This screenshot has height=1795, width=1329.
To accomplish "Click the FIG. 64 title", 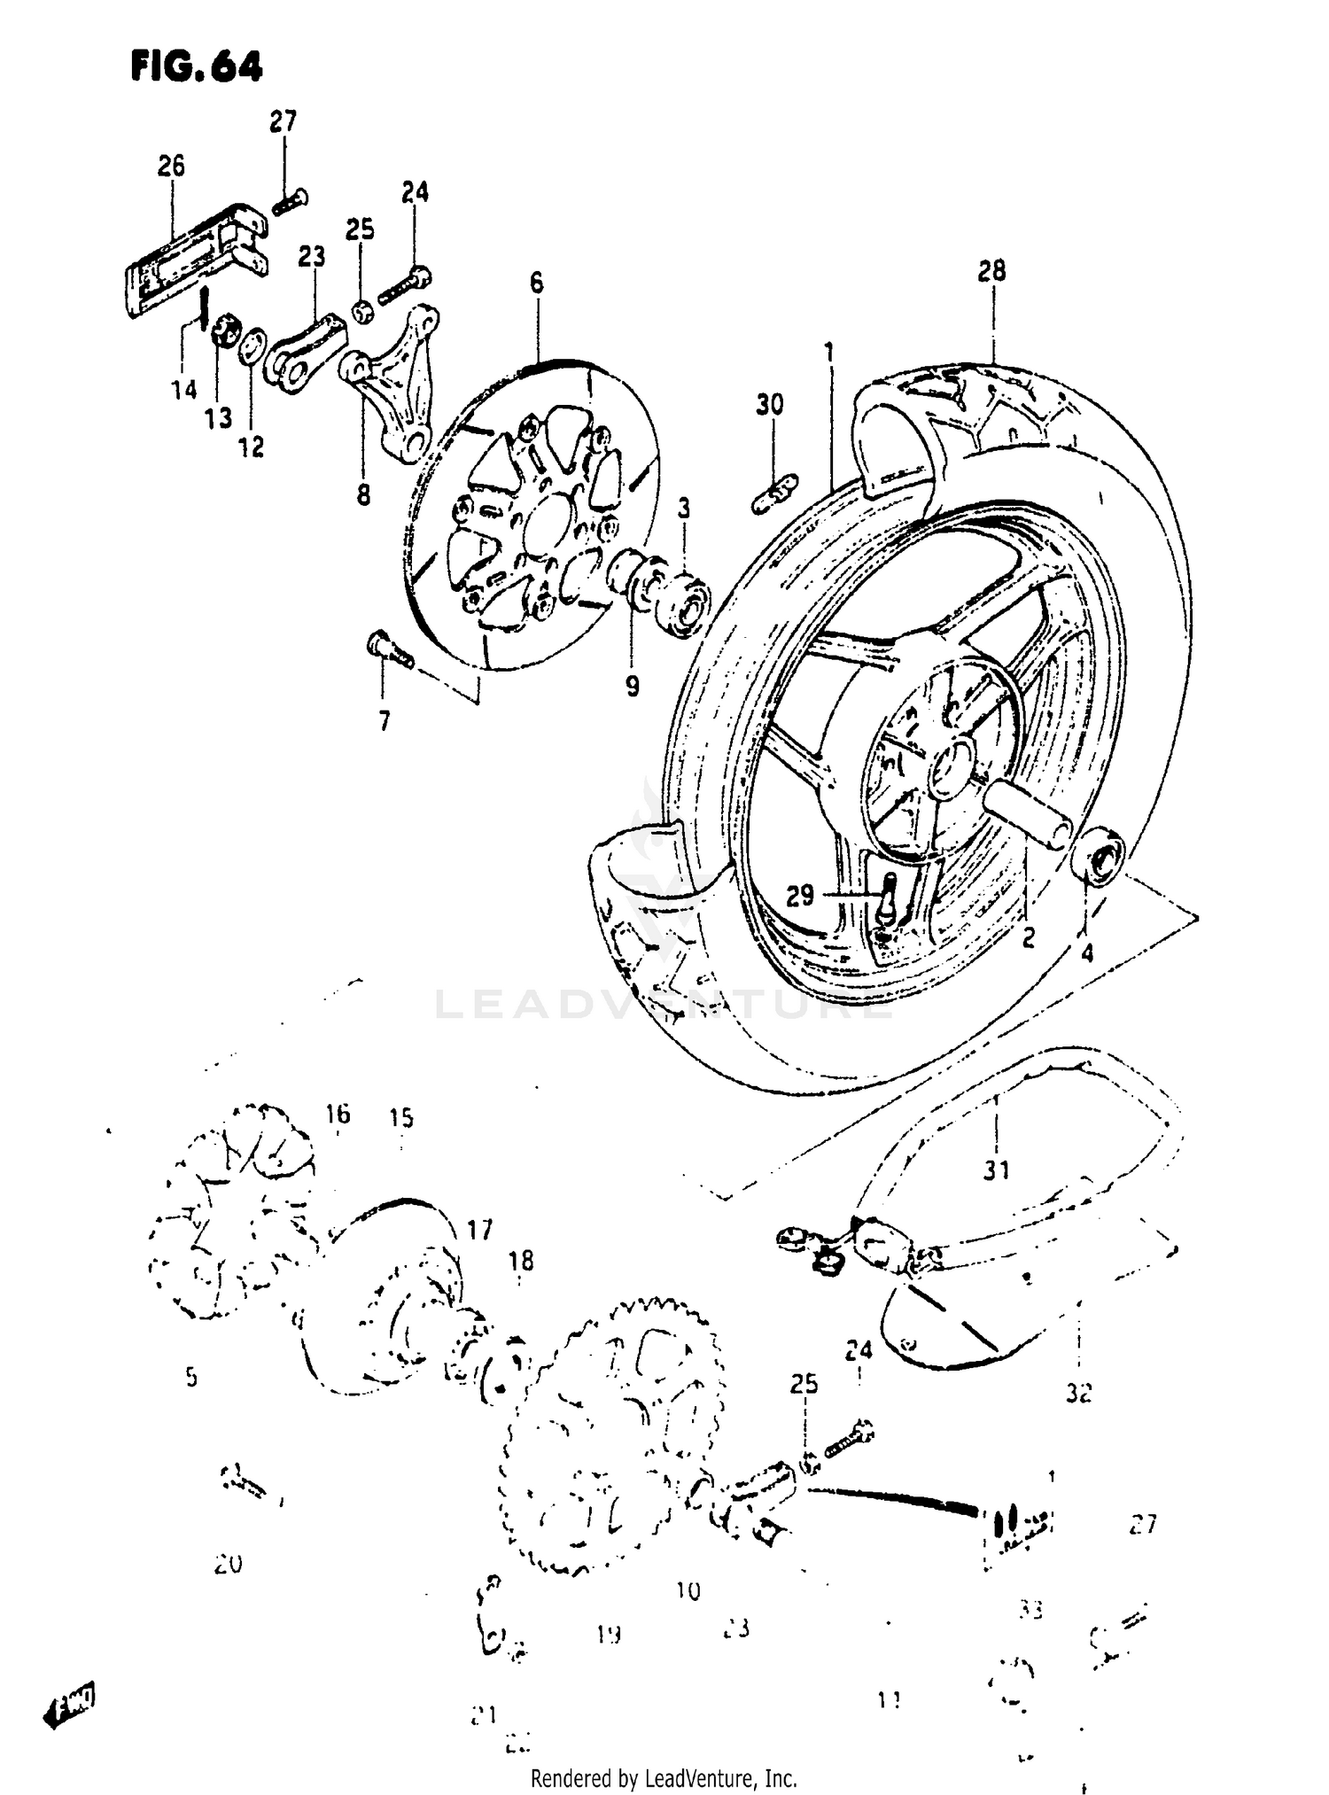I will click(x=196, y=66).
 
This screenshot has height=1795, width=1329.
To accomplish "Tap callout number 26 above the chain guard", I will click(x=171, y=166).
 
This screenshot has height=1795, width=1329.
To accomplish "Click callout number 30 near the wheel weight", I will click(x=769, y=405).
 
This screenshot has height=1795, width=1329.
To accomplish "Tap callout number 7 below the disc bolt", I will click(x=384, y=722).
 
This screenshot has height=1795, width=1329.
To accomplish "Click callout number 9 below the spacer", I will click(x=632, y=686).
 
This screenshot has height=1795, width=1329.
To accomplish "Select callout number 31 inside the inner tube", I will click(x=996, y=1170).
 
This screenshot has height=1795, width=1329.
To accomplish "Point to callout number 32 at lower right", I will click(x=1077, y=1393).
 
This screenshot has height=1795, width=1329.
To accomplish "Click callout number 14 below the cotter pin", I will click(x=184, y=389).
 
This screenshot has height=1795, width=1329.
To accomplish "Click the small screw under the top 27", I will click(x=289, y=202).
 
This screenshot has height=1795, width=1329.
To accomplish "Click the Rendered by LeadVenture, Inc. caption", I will click(x=664, y=1777).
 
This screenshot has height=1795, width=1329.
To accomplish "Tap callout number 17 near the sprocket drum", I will click(x=479, y=1230).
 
